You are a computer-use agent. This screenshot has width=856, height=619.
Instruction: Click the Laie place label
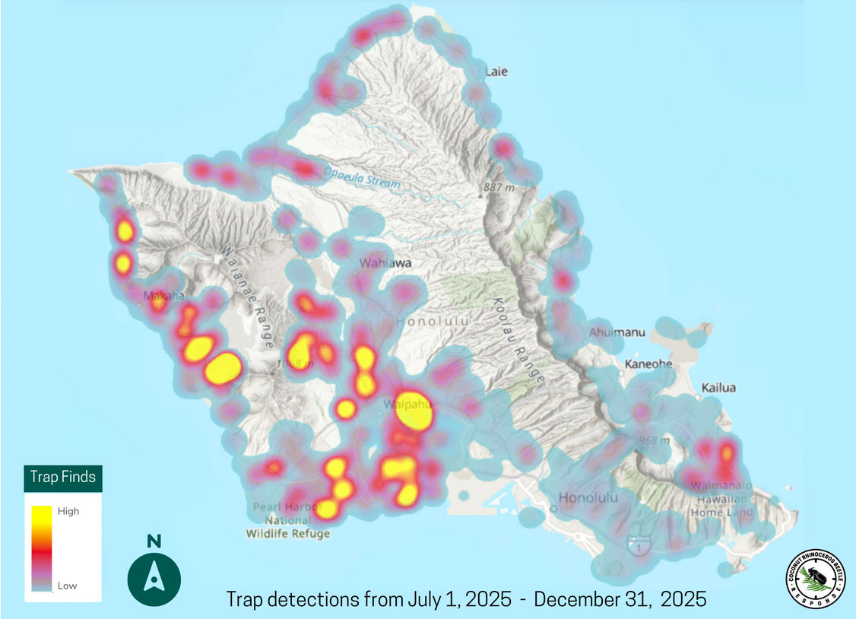[x=496, y=71]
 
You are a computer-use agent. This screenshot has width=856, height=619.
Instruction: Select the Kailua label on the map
[x=718, y=387]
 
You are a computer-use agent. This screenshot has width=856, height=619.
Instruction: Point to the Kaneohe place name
[x=648, y=363]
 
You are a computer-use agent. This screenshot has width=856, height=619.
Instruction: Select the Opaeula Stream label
[x=362, y=176]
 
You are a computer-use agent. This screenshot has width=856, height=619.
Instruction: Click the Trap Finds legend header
[x=63, y=478]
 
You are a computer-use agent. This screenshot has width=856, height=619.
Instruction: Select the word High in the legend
[x=68, y=511]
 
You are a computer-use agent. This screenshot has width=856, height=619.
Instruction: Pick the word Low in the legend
[x=67, y=586]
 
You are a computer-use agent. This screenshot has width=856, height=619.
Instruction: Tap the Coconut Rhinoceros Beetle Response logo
[x=816, y=578]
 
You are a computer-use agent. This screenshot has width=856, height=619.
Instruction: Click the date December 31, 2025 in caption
[x=620, y=598]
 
